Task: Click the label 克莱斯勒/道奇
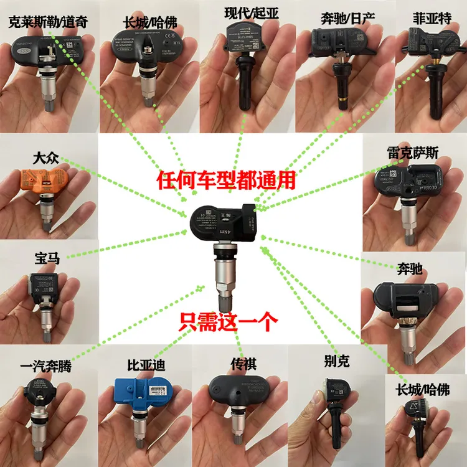tap(47, 23)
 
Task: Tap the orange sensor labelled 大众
tap(45, 181)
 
